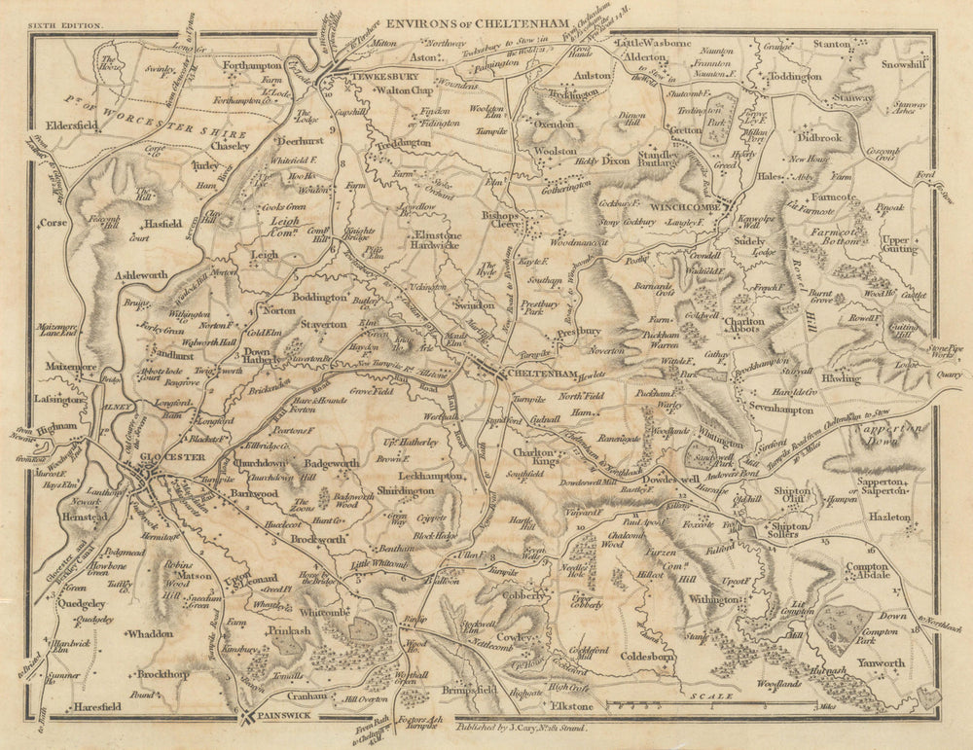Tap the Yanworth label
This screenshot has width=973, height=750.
(883, 663)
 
